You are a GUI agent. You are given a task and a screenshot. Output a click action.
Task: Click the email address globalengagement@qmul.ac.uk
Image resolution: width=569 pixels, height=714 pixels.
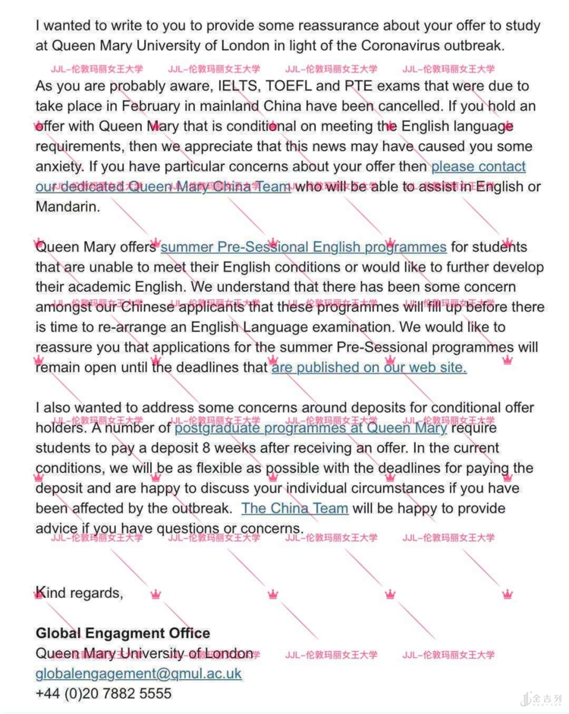click(138, 673)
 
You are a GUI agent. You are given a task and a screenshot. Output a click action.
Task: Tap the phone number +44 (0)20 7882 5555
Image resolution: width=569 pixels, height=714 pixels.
click(103, 693)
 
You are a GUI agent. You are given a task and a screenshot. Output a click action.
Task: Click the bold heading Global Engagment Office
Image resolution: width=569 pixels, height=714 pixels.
click(123, 633)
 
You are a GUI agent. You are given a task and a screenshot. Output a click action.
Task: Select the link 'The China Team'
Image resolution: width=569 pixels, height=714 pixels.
click(294, 508)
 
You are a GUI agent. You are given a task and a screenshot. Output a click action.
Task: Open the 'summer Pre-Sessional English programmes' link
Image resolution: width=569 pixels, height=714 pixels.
click(303, 246)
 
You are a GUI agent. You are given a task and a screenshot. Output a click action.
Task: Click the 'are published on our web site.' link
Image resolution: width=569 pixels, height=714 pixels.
click(369, 368)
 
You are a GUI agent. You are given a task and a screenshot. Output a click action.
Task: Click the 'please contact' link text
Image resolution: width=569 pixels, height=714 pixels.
click(478, 166)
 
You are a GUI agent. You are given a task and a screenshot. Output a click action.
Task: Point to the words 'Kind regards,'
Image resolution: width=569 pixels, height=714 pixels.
click(79, 592)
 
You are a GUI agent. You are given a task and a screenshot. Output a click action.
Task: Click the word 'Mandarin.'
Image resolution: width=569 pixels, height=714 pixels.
click(68, 206)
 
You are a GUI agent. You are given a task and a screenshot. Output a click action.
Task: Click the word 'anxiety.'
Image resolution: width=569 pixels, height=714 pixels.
click(60, 166)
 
